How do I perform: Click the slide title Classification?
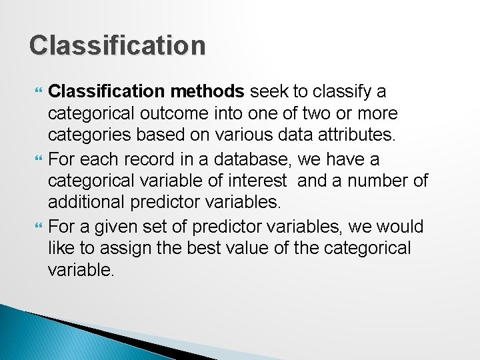click(117, 45)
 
